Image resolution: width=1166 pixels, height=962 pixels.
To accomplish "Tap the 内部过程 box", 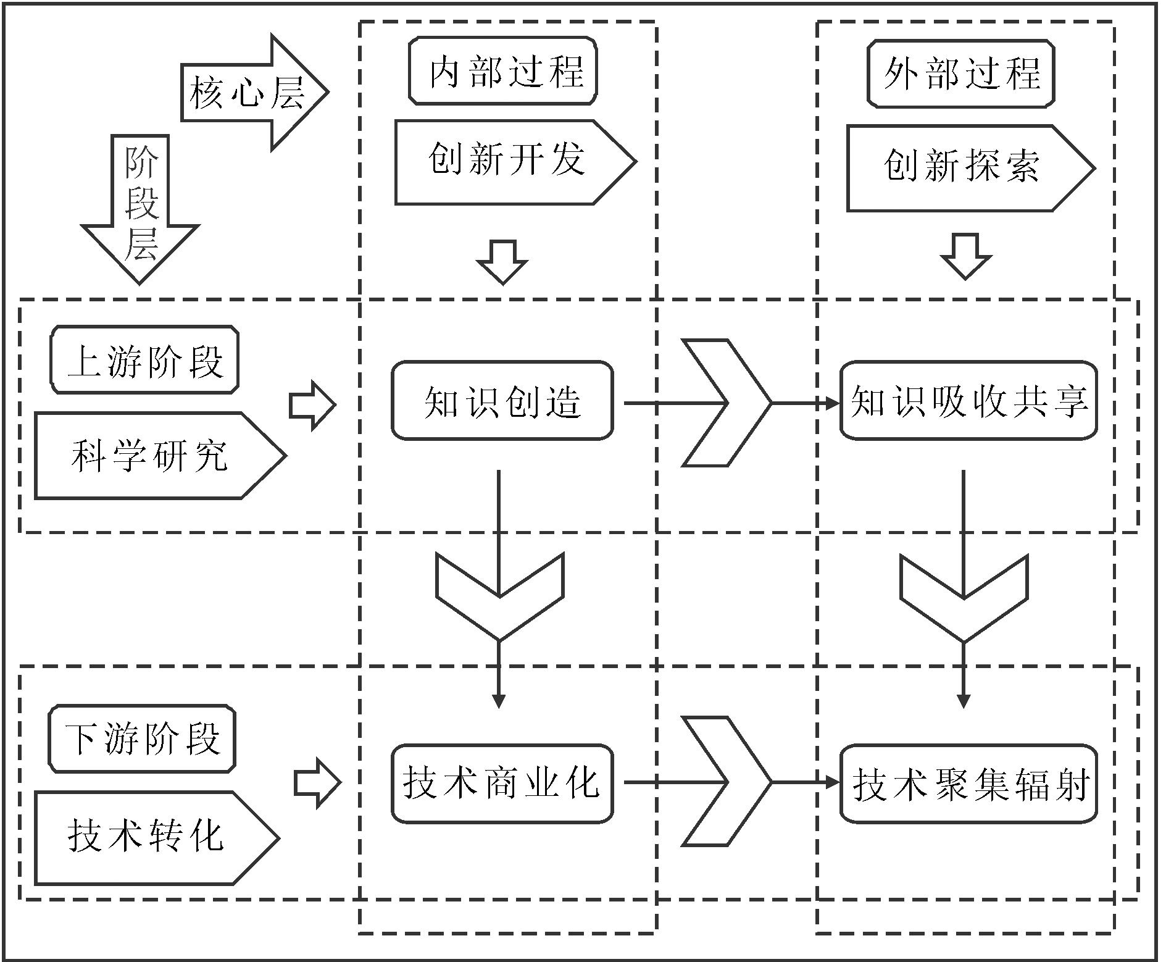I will click(503, 71).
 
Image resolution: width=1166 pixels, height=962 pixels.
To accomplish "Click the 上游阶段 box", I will click(144, 359).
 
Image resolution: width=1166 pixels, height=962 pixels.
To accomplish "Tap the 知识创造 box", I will click(502, 401).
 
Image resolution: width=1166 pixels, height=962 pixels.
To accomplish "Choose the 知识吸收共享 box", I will click(968, 401).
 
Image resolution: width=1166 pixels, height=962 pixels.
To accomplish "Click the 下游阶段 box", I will click(143, 739).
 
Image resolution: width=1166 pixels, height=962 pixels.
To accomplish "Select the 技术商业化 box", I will click(502, 783).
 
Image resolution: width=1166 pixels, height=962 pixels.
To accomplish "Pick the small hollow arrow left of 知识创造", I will click(312, 405).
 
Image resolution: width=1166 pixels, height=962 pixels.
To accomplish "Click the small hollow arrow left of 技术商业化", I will click(317, 783).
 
